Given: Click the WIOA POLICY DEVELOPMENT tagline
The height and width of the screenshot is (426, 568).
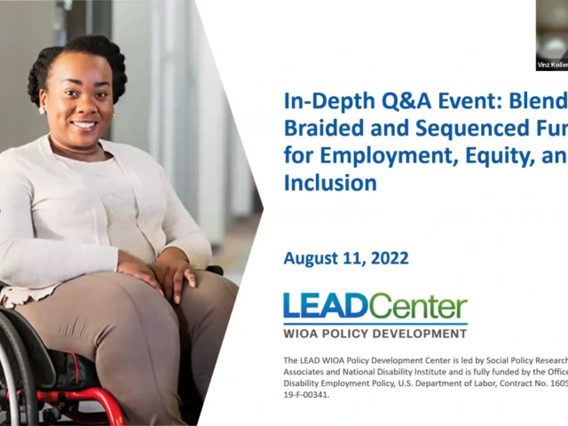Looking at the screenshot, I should tap(375, 334).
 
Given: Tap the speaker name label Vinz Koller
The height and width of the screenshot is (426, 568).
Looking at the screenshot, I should tap(552, 65).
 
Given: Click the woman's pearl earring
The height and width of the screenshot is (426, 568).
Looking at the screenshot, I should tap(41, 110).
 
